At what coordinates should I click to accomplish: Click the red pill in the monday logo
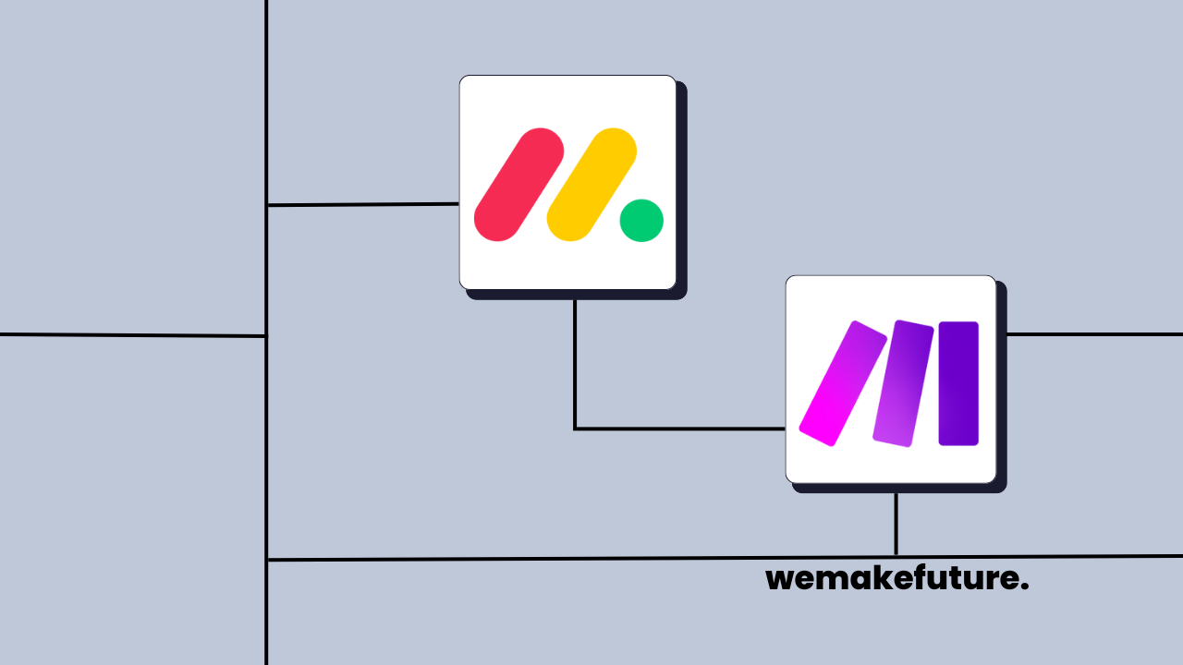(518, 185)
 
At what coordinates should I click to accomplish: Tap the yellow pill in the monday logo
(591, 185)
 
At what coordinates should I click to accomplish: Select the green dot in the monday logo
(641, 221)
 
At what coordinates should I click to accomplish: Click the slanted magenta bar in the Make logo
(842, 383)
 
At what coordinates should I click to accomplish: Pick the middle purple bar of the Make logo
(903, 383)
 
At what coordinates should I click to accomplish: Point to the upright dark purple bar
(958, 383)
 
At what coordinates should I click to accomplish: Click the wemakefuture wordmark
(896, 579)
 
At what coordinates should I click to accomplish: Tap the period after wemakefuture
(1025, 587)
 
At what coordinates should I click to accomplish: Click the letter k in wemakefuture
(865, 578)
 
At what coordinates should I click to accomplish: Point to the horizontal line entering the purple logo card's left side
(679, 429)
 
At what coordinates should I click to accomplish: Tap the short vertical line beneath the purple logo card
(896, 524)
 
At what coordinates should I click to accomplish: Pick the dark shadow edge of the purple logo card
(1002, 388)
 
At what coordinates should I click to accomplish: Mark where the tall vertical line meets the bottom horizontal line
(267, 560)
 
